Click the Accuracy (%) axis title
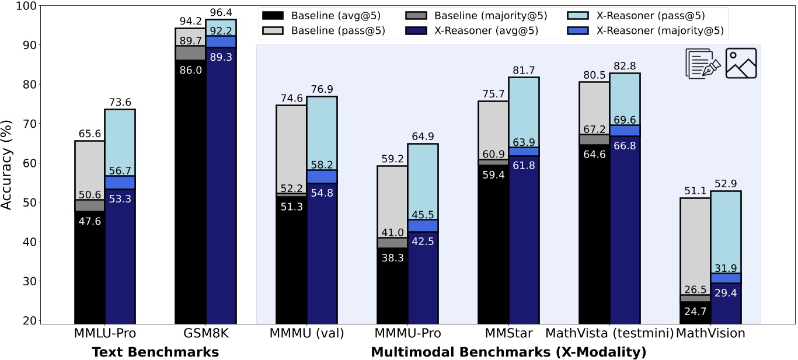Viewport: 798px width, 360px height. pos(8,164)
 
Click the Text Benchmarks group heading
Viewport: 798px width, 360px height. pos(155,352)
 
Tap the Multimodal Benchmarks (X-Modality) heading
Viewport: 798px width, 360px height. pos(508,352)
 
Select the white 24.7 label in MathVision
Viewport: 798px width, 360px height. pos(695,310)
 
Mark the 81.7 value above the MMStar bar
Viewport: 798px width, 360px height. pos(524,70)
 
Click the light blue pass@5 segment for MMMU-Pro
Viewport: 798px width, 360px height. pos(423,181)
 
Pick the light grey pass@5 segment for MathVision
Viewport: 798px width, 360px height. pos(695,245)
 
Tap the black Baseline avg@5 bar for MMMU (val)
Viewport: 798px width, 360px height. pos(291,263)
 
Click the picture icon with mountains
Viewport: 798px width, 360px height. pos(741,63)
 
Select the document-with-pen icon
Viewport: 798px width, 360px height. pos(702,63)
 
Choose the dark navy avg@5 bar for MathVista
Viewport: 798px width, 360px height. pos(625,233)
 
